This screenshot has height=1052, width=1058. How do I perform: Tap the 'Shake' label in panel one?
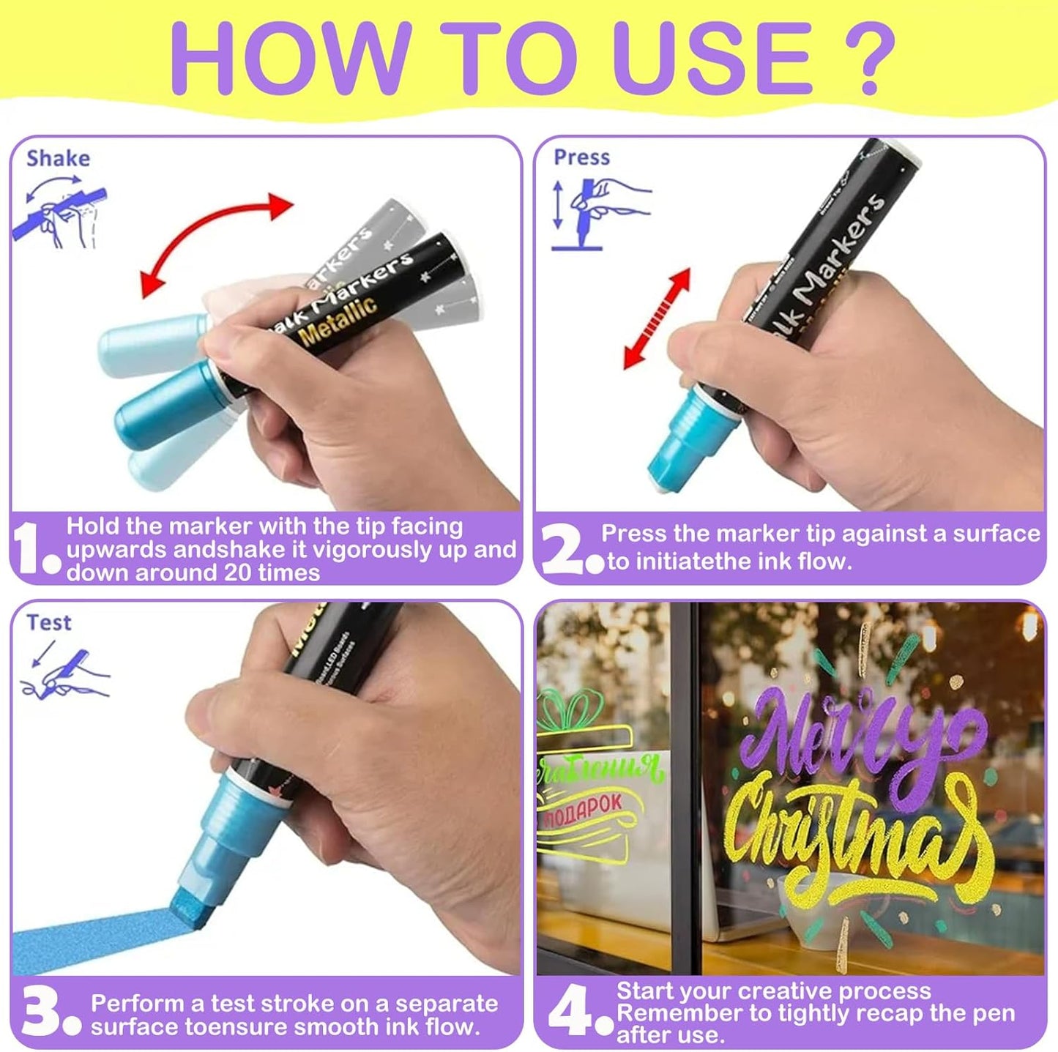click(x=58, y=158)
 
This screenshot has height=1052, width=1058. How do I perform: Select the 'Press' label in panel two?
click(x=581, y=157)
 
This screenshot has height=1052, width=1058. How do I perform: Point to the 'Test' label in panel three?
click(x=49, y=622)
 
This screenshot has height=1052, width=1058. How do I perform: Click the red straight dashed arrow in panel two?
click(x=657, y=319)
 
